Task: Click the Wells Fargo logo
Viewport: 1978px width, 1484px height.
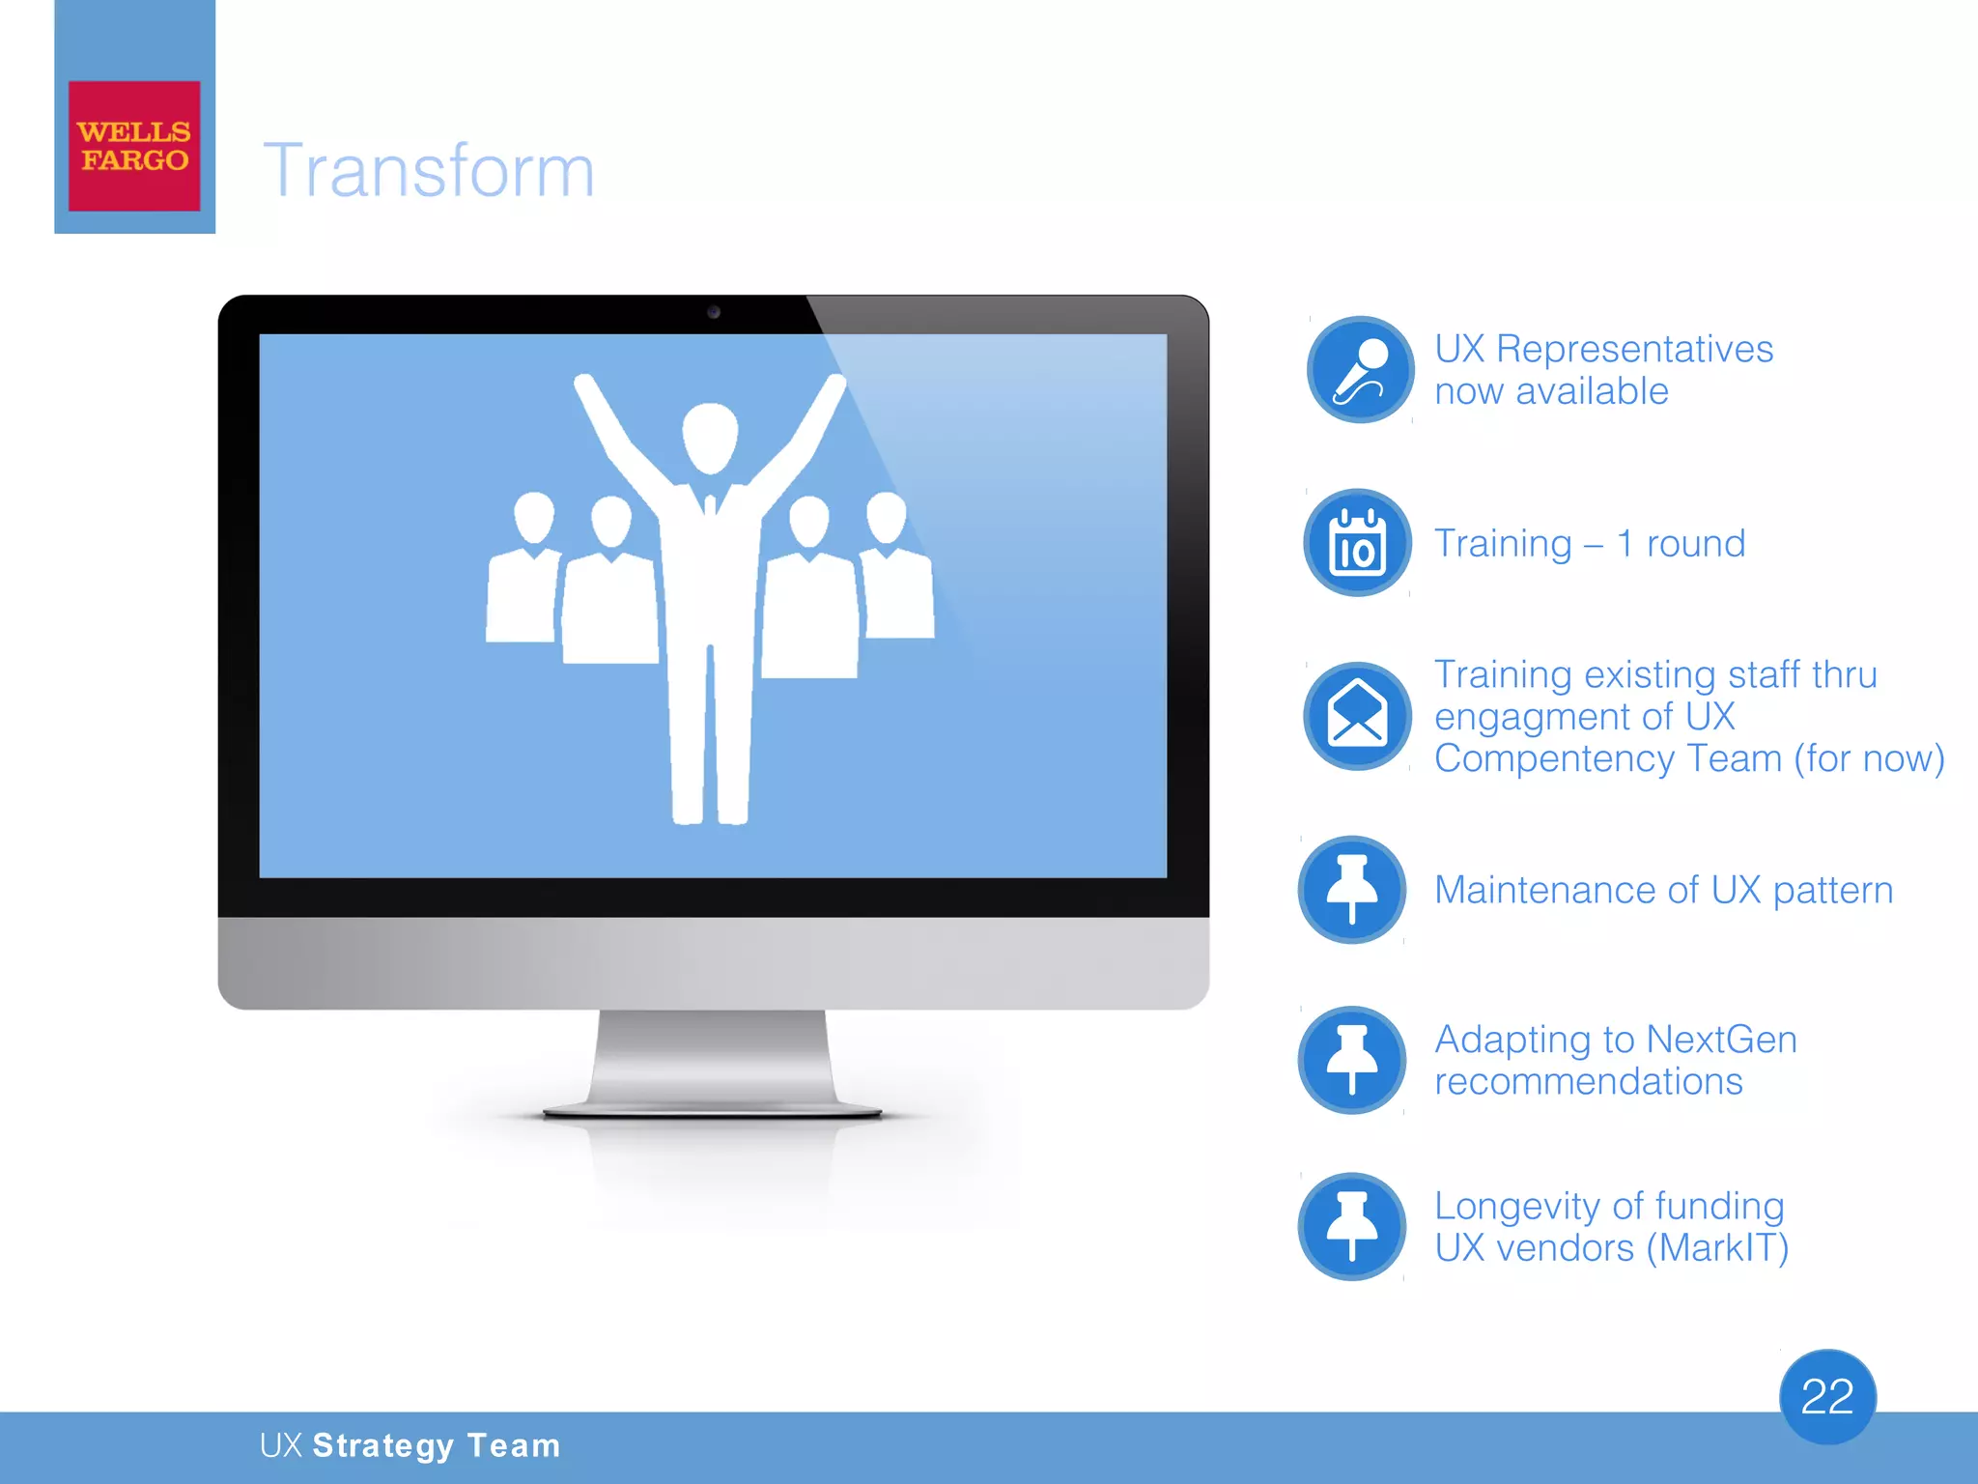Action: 134,146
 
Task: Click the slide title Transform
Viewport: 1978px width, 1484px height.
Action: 429,170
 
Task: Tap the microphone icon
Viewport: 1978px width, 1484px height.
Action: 1360,370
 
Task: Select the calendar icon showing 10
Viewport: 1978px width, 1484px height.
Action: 1357,543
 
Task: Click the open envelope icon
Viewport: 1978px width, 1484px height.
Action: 1357,716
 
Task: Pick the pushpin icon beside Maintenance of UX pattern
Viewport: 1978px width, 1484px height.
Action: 1351,889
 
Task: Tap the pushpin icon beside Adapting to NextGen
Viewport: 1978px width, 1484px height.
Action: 1351,1060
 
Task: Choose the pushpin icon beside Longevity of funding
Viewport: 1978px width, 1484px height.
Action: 1351,1226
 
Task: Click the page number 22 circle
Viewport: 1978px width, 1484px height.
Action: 1827,1396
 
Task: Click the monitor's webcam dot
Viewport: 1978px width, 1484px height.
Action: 714,312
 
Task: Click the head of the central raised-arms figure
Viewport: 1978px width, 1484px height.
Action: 710,438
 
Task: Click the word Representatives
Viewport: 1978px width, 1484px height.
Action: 1634,349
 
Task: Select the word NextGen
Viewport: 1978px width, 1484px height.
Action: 1721,1040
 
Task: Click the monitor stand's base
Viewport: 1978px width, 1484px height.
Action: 713,1111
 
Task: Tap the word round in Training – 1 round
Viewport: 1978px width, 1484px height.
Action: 1695,544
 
